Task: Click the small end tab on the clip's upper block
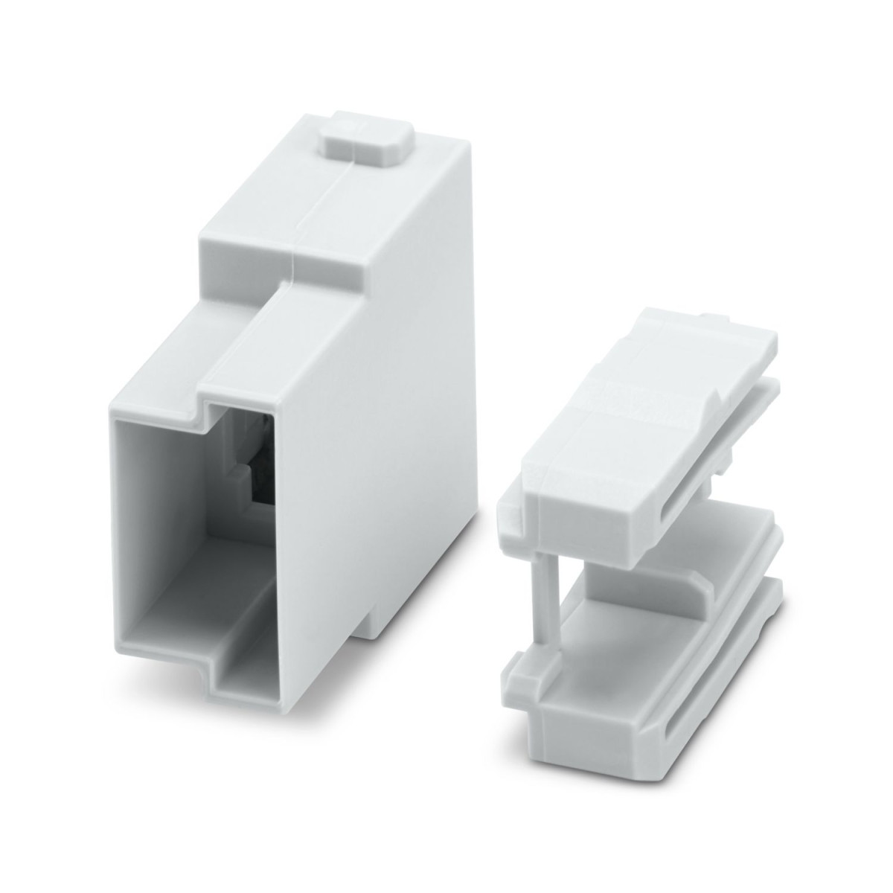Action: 508,514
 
